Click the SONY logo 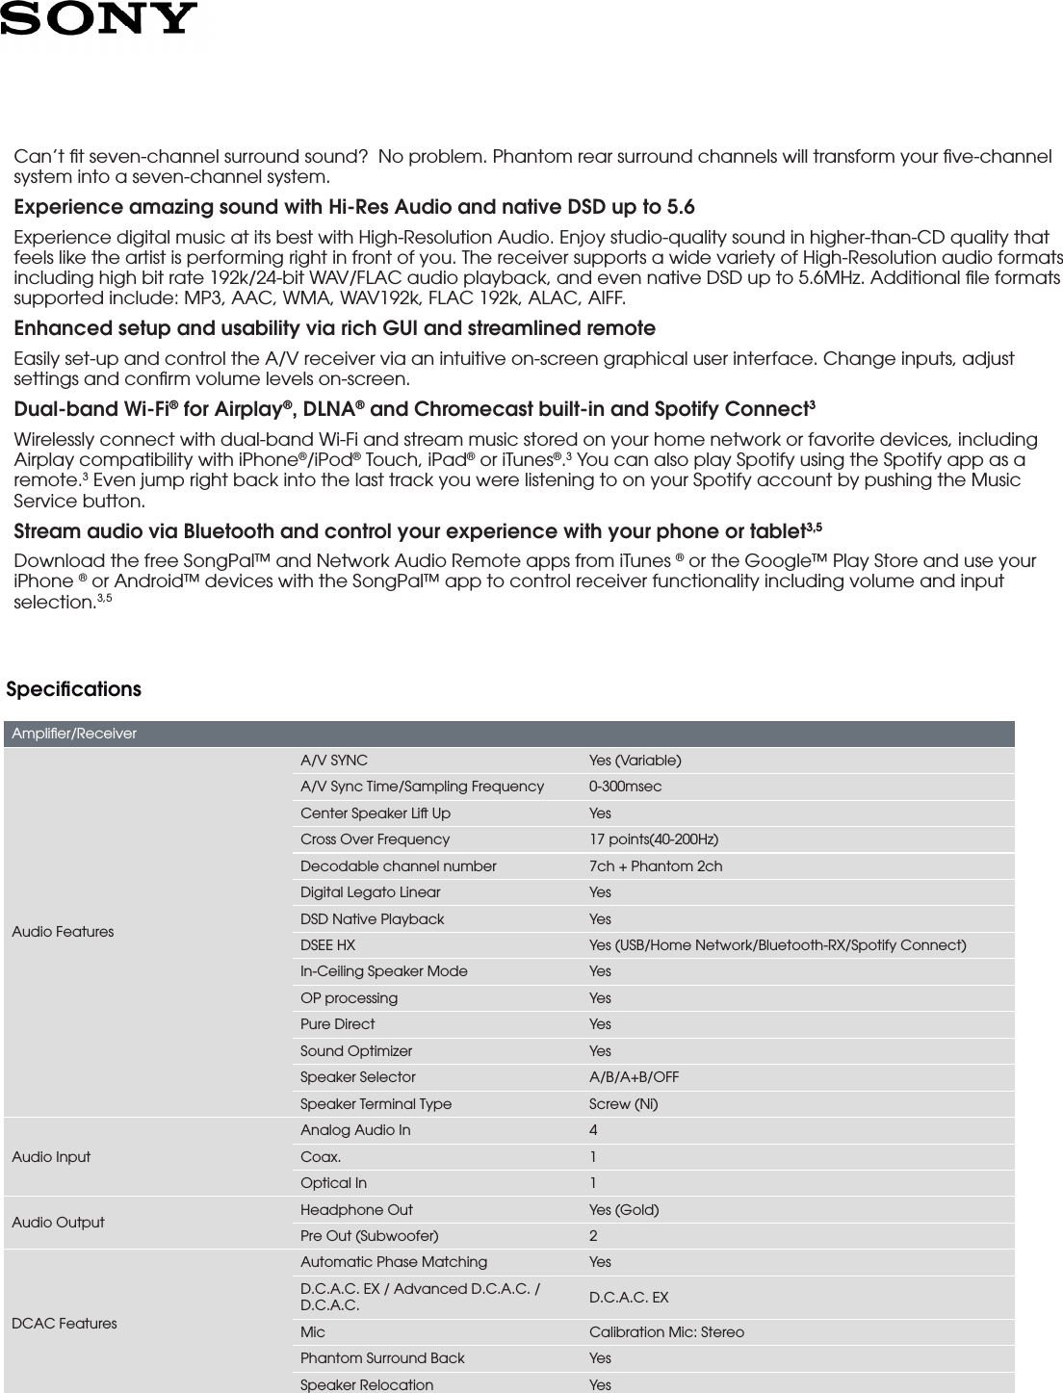coord(98,18)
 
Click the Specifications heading coord(74,690)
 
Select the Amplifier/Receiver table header coord(75,734)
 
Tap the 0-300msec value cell coord(625,787)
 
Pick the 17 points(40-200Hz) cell coord(653,839)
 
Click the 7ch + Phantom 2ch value coord(655,865)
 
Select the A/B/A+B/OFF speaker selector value coord(634,1076)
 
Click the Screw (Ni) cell coord(623,1103)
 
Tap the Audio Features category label coord(63,932)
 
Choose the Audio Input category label coord(51,1156)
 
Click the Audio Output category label coord(58,1222)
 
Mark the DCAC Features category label coord(65,1324)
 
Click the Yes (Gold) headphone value coord(624,1209)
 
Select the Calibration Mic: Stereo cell coord(666,1332)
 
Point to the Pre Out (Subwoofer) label coord(369,1235)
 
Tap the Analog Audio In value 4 coord(593,1130)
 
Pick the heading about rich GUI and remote coord(334,329)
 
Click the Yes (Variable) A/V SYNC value coord(635,761)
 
